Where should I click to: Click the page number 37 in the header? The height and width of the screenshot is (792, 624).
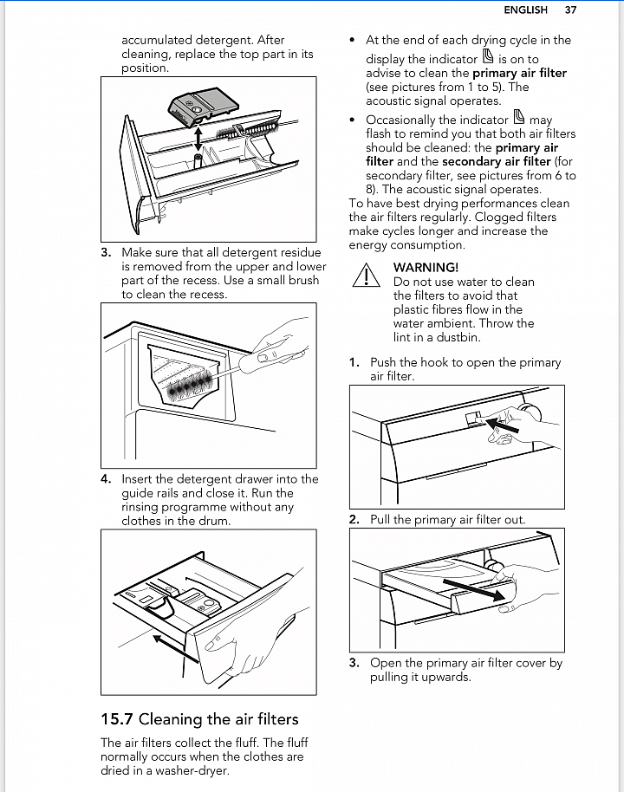pyautogui.click(x=570, y=10)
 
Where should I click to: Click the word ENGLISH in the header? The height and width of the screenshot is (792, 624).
pyautogui.click(x=525, y=10)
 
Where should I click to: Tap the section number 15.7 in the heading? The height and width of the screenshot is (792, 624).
pyautogui.click(x=117, y=718)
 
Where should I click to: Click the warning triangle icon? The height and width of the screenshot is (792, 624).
pyautogui.click(x=367, y=275)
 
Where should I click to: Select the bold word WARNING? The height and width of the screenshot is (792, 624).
pyautogui.click(x=426, y=268)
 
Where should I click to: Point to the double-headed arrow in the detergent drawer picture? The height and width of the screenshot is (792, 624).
pyautogui.click(x=199, y=137)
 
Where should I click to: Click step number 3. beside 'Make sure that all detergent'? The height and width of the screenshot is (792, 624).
pyautogui.click(x=106, y=253)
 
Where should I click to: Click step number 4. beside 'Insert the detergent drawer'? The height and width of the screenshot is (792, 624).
pyautogui.click(x=106, y=479)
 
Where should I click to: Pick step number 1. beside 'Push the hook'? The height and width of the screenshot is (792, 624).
pyautogui.click(x=354, y=362)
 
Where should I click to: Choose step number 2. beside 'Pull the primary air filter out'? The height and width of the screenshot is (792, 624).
pyautogui.click(x=354, y=520)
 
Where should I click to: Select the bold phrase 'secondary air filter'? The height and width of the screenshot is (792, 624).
pyautogui.click(x=496, y=161)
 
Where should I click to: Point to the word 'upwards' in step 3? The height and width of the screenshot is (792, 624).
pyautogui.click(x=445, y=677)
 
